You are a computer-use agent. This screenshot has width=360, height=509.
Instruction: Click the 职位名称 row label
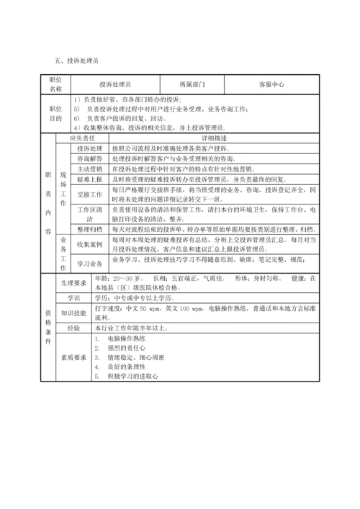(55, 84)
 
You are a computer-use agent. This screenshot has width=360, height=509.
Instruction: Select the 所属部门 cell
(192, 84)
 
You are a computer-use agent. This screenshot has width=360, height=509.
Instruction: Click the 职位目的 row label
(55, 113)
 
